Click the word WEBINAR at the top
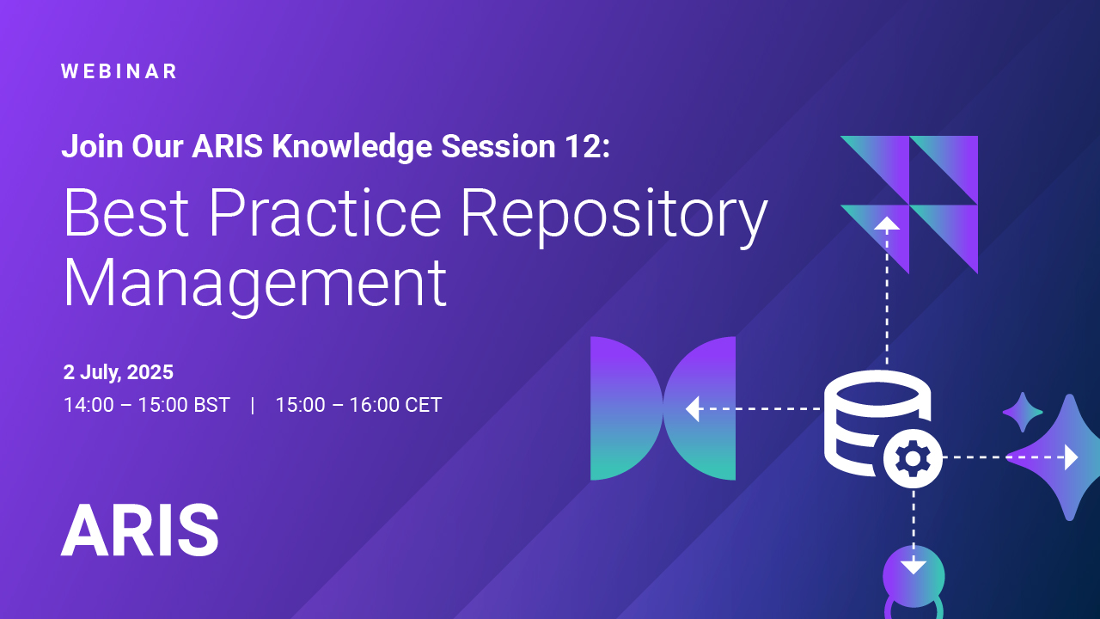click(x=119, y=72)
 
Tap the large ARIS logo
click(x=139, y=530)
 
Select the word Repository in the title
click(x=614, y=214)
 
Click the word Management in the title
click(x=255, y=283)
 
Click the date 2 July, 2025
click(x=119, y=372)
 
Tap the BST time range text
click(x=147, y=405)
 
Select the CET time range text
click(x=358, y=405)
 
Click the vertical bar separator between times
click(x=253, y=405)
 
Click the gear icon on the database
click(x=913, y=458)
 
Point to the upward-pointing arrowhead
click(x=887, y=223)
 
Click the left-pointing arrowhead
click(x=693, y=409)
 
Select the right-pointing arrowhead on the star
click(x=1071, y=457)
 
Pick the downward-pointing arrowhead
click(x=914, y=566)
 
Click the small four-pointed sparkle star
click(x=1023, y=413)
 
